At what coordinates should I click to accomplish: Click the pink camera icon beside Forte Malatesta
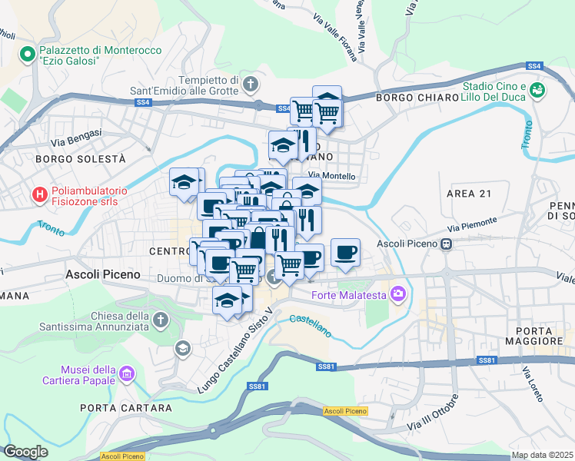[x=397, y=294]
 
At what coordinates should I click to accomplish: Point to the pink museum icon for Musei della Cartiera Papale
[x=128, y=374]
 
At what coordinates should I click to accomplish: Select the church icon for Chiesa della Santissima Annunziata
[x=160, y=319]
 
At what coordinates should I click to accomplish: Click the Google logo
[x=25, y=452]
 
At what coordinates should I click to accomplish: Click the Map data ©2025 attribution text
[x=542, y=455]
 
